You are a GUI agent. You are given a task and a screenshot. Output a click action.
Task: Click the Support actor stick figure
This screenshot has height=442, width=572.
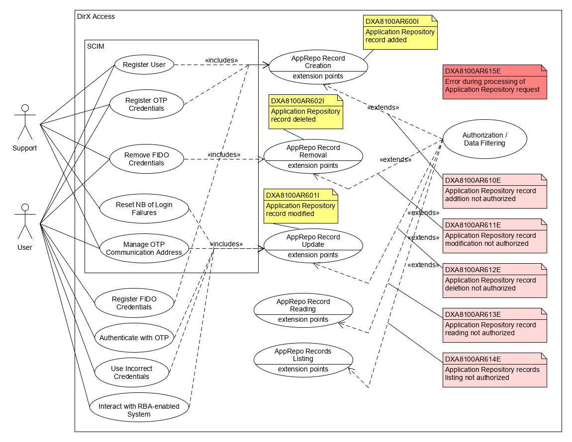[25, 122]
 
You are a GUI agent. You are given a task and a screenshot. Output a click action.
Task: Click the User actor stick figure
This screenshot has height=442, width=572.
[25, 221]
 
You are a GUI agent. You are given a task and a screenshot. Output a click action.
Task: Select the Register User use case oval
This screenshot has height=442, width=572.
[144, 65]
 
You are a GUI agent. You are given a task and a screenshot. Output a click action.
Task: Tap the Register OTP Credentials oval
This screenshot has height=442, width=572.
[146, 104]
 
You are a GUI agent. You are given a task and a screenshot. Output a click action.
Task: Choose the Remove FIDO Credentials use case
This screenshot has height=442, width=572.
[146, 159]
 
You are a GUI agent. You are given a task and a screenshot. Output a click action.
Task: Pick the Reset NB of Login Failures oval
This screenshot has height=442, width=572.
[144, 209]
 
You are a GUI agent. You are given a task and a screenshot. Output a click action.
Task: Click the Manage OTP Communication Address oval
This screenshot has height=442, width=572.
[144, 248]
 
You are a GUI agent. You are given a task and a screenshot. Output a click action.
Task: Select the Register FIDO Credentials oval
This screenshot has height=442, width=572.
[134, 303]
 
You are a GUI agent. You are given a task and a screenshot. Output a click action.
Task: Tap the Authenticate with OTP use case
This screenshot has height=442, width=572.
[134, 338]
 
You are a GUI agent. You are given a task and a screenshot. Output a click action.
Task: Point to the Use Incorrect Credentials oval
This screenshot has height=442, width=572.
[131, 372]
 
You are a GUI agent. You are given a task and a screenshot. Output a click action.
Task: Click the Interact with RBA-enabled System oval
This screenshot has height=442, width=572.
[139, 410]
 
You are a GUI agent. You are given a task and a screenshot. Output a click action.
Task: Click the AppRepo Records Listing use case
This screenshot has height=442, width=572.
[303, 360]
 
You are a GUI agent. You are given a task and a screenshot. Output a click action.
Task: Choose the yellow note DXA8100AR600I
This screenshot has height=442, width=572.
[400, 32]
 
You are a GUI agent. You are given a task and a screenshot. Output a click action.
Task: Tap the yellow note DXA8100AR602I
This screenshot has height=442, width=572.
[305, 112]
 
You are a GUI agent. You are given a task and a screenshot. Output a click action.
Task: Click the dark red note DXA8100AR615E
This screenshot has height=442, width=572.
[494, 82]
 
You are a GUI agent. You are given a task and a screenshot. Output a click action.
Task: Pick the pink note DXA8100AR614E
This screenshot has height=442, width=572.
[494, 370]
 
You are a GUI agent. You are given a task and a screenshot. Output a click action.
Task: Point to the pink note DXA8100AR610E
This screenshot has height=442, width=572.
[494, 191]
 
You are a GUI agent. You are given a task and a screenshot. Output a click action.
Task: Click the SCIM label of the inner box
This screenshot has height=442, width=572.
[95, 46]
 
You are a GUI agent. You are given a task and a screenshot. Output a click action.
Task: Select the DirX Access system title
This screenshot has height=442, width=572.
[96, 16]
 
